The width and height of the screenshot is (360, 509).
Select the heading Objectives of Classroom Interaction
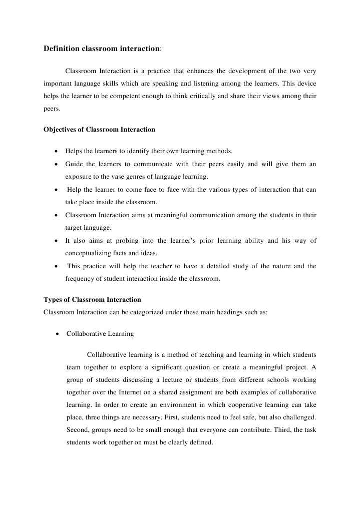99,129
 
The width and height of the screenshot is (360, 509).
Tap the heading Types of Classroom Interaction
92,300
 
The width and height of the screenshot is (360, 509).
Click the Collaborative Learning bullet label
100,333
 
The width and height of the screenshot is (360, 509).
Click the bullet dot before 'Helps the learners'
55,151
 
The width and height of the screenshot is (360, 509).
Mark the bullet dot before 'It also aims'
55,241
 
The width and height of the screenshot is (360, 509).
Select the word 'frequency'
80,279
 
